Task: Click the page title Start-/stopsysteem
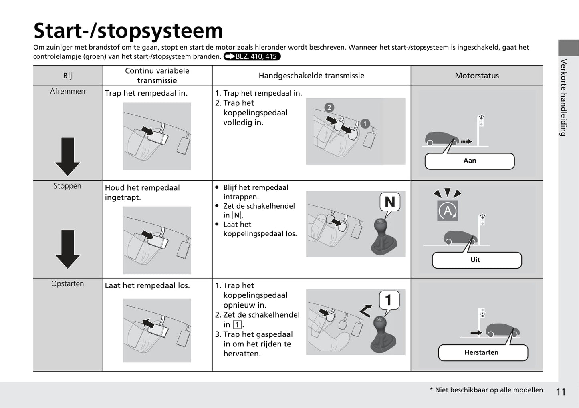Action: [128, 31]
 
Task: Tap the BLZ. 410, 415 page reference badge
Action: [252, 56]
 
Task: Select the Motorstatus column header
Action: [477, 76]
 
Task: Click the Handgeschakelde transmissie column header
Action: [311, 76]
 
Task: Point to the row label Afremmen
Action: [67, 91]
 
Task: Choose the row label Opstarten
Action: [67, 284]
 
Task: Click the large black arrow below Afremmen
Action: [67, 156]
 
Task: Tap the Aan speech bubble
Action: [470, 161]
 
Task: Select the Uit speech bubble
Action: [476, 260]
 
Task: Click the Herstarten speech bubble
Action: [482, 353]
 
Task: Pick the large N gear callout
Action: [389, 202]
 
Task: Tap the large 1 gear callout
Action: [389, 300]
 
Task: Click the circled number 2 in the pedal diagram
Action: [329, 107]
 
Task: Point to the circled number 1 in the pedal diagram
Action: [365, 123]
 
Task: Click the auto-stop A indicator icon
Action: [448, 211]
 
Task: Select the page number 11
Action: [561, 392]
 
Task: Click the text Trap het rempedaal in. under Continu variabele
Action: [146, 93]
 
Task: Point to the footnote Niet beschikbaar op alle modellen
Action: [488, 390]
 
